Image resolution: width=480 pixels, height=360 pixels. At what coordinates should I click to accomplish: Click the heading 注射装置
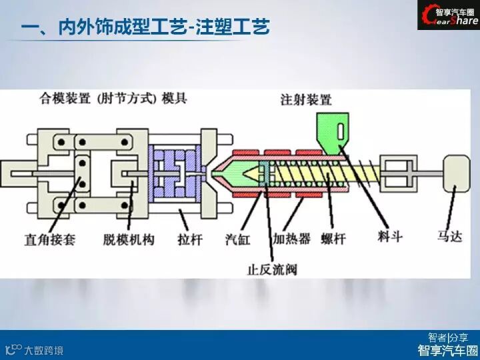click(x=305, y=100)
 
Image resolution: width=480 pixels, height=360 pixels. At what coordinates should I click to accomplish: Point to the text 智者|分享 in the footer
click(x=448, y=337)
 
